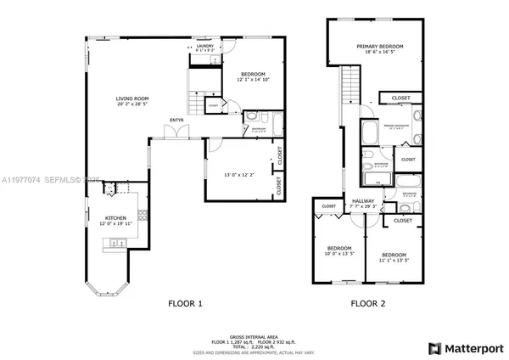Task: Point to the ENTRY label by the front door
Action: point(177,120)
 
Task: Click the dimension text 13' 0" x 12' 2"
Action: point(237,175)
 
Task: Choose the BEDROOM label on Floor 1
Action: point(252,74)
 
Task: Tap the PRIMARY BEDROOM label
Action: point(379,47)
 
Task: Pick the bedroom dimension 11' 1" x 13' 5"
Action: point(394,260)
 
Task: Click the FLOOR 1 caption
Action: point(183,303)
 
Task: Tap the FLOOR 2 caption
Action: point(367,303)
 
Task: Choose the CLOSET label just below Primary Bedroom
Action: point(400,98)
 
